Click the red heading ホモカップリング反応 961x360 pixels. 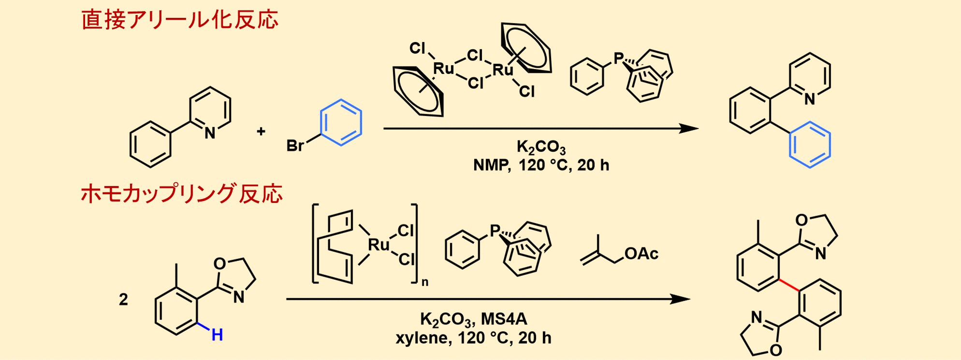(x=182, y=194)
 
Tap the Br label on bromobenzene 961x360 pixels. (x=295, y=145)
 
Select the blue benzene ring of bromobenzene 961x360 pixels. (x=341, y=123)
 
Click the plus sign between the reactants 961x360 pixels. (x=261, y=131)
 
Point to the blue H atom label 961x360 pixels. (x=217, y=334)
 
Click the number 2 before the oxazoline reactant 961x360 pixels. (x=123, y=300)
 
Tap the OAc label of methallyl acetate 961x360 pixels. (x=641, y=254)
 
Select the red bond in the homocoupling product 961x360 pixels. (x=789, y=285)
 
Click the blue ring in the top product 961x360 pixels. (x=810, y=145)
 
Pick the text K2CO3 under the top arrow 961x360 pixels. (x=541, y=146)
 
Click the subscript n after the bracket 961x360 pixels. (x=424, y=282)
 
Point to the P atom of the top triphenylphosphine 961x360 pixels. (x=618, y=58)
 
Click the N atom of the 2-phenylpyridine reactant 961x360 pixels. (x=210, y=133)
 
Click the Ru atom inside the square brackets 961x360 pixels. (x=379, y=245)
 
